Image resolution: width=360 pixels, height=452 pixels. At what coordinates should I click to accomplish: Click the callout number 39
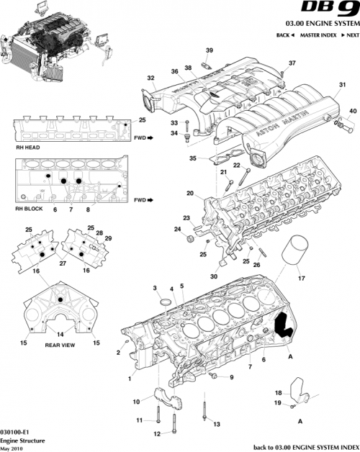(209, 50)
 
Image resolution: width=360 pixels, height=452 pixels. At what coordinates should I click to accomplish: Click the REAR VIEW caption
(61, 344)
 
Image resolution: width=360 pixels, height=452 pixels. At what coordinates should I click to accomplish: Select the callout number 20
(189, 193)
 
